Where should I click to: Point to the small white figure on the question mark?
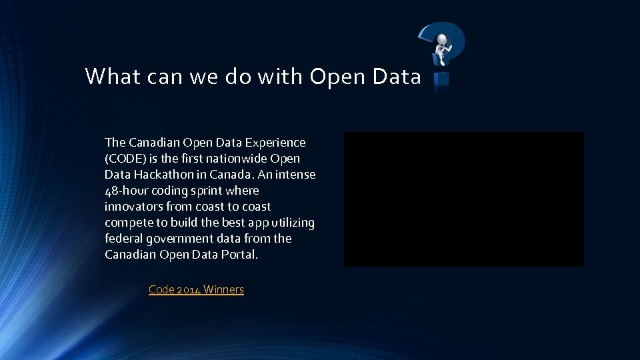click(x=442, y=46)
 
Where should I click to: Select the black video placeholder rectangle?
click(x=463, y=199)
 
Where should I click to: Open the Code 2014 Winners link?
click(x=196, y=289)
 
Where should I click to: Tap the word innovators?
click(x=131, y=207)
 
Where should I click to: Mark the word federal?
click(x=123, y=239)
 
